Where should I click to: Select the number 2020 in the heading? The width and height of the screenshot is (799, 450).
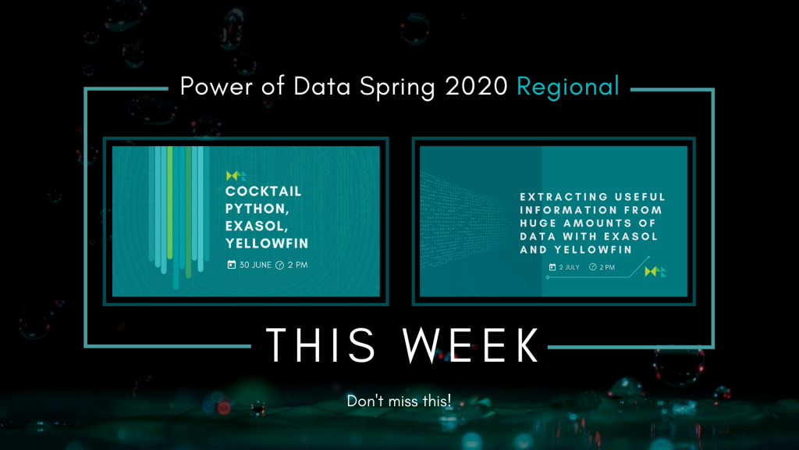tap(477, 86)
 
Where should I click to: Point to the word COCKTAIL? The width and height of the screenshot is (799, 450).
tap(264, 191)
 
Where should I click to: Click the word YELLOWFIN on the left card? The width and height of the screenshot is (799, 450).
tap(267, 244)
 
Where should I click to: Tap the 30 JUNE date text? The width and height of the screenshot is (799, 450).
tap(255, 265)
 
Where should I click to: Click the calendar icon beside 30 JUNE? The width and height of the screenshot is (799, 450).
tap(231, 264)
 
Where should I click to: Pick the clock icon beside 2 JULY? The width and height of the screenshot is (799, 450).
tap(593, 267)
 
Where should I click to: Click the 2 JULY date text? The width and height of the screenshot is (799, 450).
tap(569, 267)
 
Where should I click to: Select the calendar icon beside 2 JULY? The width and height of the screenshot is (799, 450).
tap(552, 267)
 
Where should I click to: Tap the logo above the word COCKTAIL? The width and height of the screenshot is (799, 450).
tap(236, 176)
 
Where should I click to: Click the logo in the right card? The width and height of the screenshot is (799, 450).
tap(655, 271)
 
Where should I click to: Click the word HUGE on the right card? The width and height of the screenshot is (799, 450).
tap(538, 223)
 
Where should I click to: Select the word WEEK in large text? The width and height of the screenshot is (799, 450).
tap(471, 345)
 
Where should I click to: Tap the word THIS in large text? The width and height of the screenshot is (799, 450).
tap(321, 345)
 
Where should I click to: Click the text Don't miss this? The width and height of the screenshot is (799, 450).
tap(399, 401)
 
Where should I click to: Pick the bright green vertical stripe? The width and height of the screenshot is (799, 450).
tap(169, 202)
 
